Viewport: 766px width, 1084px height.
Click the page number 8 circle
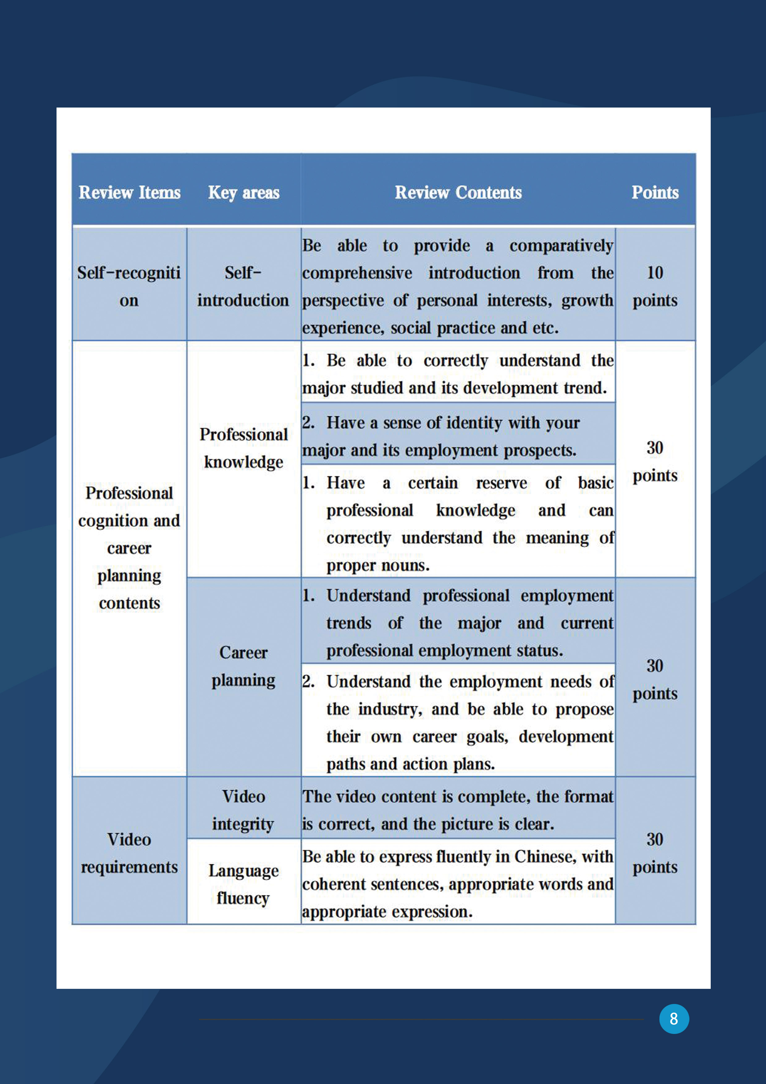tap(674, 1018)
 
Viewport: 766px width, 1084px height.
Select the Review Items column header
tap(129, 192)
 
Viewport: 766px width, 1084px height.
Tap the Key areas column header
tap(243, 192)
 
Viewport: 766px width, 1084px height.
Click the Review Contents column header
tap(458, 192)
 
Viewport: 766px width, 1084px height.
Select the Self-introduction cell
tap(243, 286)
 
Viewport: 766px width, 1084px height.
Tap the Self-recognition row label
tap(129, 286)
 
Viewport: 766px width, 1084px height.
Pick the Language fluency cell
tap(243, 884)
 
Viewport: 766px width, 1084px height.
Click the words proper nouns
tap(377, 565)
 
